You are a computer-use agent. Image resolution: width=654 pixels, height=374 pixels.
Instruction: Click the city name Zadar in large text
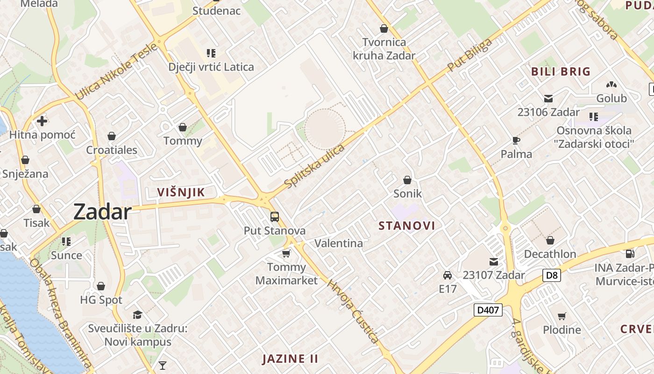tap(102, 212)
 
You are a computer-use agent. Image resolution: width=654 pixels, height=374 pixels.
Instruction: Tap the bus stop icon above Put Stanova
tap(275, 217)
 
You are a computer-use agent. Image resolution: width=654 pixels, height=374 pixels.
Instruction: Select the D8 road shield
tap(552, 275)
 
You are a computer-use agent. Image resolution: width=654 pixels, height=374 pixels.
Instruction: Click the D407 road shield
tap(488, 309)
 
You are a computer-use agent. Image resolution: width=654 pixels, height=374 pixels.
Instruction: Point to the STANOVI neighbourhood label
tap(406, 226)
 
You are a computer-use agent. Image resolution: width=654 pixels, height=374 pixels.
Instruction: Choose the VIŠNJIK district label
tap(181, 192)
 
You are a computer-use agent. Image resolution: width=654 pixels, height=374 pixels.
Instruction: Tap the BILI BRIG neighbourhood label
tap(561, 72)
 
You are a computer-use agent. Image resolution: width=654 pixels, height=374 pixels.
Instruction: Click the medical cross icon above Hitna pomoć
tap(42, 121)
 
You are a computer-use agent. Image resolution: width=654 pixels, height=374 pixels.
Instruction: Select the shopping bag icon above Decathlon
tap(550, 240)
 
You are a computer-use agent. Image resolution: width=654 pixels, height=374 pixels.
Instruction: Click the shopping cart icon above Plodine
tap(562, 316)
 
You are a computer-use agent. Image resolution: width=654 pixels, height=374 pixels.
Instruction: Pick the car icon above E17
tap(448, 275)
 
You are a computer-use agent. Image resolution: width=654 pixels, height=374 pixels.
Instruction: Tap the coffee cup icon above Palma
tap(516, 140)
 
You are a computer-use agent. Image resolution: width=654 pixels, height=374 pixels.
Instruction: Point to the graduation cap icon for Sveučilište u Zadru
tap(137, 315)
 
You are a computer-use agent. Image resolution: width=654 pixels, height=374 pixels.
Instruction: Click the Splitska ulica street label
tap(314, 166)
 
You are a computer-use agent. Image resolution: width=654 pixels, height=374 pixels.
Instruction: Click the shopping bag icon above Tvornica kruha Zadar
tap(384, 29)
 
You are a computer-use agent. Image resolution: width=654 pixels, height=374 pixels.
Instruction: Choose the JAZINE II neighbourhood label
tap(290, 359)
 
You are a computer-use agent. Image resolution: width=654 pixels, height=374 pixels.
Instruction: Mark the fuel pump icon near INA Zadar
tap(630, 254)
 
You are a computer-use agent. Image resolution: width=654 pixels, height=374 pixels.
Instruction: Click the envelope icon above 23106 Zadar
tap(548, 99)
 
